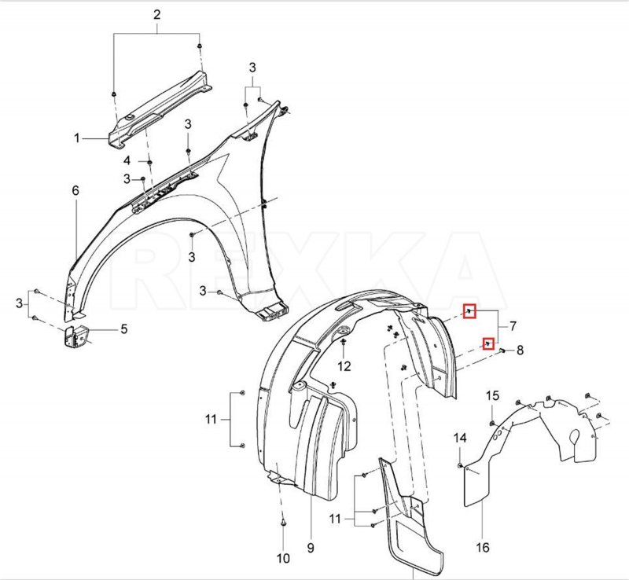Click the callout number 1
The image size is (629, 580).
click(x=78, y=138)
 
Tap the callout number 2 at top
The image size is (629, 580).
click(x=156, y=15)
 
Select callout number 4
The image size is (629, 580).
click(x=127, y=161)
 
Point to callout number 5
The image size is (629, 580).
click(x=123, y=330)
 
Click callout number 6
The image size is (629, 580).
click(x=75, y=191)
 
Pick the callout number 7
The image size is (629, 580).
click(x=512, y=325)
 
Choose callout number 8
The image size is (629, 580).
click(x=519, y=350)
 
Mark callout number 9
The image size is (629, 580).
click(x=310, y=546)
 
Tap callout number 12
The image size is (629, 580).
click(x=344, y=366)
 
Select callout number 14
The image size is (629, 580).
click(x=461, y=438)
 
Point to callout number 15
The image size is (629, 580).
click(x=492, y=395)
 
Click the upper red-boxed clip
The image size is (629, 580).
click(x=469, y=311)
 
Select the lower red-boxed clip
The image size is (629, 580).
click(x=487, y=343)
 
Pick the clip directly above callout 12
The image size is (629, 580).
click(x=344, y=340)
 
